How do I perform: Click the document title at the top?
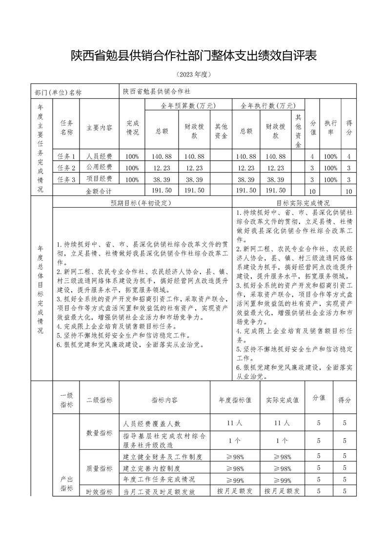coord(193,55)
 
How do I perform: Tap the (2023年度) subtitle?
coord(193,75)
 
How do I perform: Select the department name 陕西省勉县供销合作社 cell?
coord(157,91)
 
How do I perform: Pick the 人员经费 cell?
coord(99,156)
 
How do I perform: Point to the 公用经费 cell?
coord(99,168)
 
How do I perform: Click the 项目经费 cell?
coord(99,179)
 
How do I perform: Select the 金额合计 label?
coord(99,190)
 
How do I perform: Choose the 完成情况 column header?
coord(132,128)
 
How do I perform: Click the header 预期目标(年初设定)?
coord(142,202)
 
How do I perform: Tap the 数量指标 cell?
coord(99,433)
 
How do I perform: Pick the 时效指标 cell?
coord(99,492)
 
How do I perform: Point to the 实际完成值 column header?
coord(282,400)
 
